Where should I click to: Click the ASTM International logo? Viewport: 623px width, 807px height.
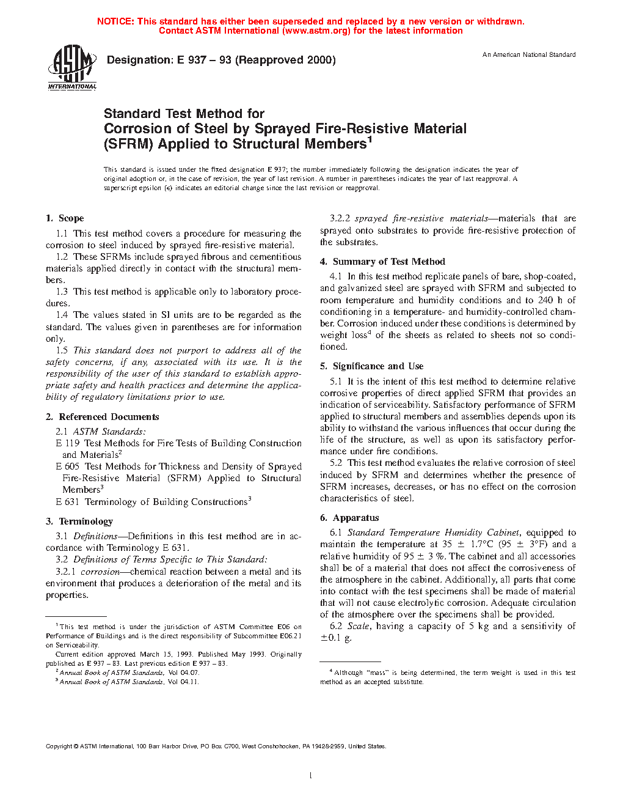[71, 67]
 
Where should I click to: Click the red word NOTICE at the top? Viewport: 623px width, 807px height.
[115, 21]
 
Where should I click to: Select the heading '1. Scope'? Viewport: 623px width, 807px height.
[65, 218]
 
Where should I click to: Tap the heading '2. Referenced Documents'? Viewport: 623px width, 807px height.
[102, 417]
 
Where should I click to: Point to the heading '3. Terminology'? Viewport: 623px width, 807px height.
[79, 521]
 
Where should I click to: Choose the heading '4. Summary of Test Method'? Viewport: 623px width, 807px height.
[382, 262]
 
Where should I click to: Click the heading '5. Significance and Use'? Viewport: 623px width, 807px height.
[371, 366]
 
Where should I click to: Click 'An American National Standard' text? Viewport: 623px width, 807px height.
[529, 55]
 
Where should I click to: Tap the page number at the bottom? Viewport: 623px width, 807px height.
[311, 776]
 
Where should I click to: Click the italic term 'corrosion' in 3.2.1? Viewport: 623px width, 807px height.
[100, 572]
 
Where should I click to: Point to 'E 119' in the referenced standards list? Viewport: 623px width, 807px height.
[68, 443]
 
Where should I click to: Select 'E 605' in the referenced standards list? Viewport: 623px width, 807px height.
[68, 466]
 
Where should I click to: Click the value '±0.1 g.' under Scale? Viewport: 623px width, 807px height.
[336, 638]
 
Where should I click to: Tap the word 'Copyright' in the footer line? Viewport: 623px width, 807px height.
[59, 746]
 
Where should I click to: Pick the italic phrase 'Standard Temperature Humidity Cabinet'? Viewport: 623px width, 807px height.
[434, 532]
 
